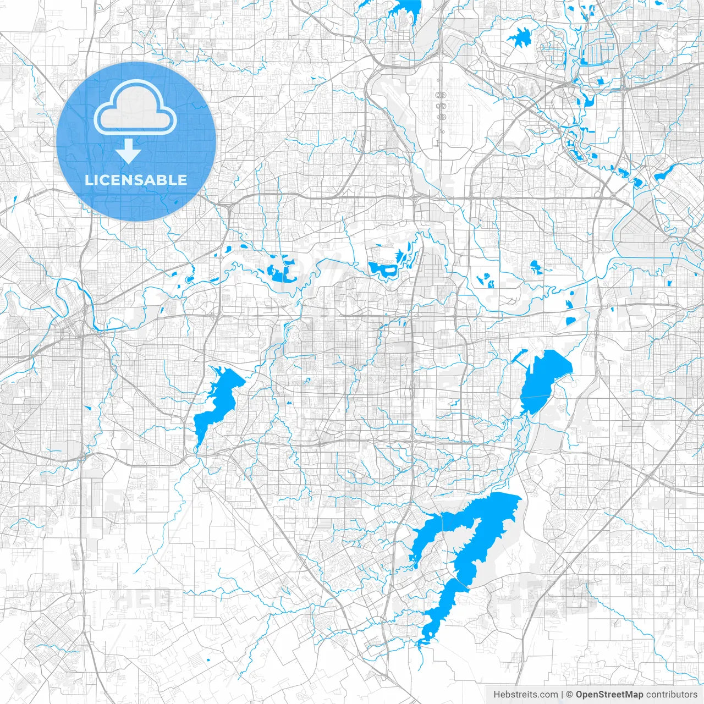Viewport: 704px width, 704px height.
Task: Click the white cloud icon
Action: (x=135, y=110)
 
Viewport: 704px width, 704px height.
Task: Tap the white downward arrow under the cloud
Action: (x=129, y=151)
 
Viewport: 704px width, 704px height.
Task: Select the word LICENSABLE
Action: (x=135, y=180)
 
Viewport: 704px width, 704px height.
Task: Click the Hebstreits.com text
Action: (x=525, y=695)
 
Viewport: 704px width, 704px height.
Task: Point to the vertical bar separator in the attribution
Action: (x=562, y=695)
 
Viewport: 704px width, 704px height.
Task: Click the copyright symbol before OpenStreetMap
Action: (x=570, y=695)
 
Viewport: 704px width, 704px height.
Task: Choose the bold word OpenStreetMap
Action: (x=609, y=695)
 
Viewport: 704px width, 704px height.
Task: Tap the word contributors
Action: (x=672, y=695)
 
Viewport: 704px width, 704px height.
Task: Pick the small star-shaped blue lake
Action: (x=519, y=38)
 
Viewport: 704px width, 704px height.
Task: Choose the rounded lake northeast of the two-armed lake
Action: (x=544, y=380)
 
